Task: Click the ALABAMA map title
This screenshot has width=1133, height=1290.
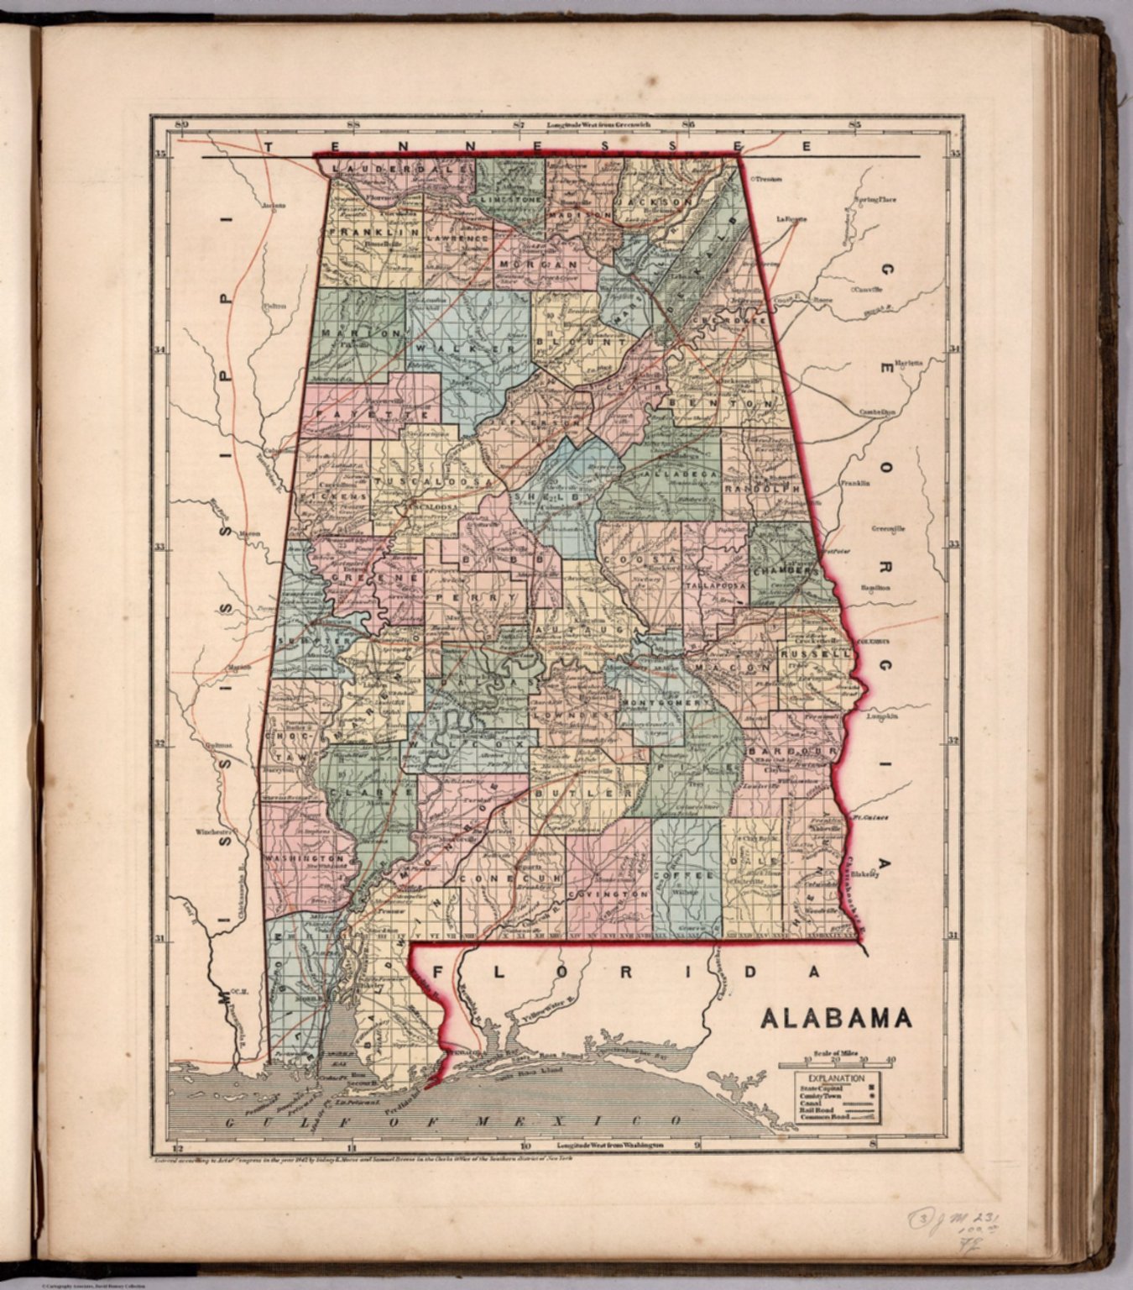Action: (836, 1019)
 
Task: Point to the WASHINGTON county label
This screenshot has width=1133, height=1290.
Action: (305, 859)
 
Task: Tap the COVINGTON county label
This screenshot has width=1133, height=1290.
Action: (608, 895)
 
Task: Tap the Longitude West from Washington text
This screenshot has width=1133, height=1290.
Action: (611, 1145)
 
